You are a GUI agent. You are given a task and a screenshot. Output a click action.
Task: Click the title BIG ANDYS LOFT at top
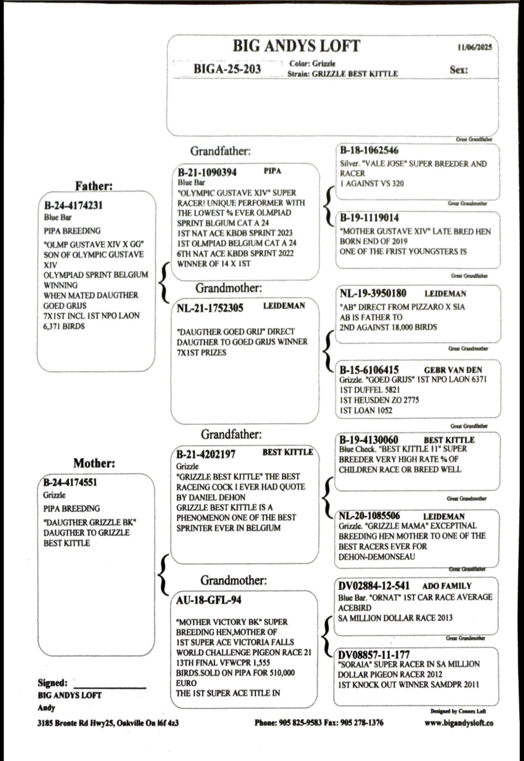tap(296, 46)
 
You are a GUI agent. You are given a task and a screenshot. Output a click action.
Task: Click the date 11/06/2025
tap(474, 47)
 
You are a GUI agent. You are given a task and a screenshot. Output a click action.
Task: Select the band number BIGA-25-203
tap(227, 69)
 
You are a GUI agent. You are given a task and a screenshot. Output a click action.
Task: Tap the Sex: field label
tap(459, 70)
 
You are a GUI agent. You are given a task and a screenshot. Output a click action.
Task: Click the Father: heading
tap(94, 186)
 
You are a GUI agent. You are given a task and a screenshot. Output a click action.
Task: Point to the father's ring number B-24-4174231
tap(73, 205)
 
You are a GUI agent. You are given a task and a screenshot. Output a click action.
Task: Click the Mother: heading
tap(94, 463)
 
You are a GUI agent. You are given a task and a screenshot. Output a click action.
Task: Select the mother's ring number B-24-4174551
tap(70, 483)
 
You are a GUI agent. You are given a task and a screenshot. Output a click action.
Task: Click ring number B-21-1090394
tap(207, 172)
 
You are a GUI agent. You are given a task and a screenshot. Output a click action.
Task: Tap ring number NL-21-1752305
tap(210, 308)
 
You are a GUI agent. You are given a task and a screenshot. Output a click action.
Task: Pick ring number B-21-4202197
tap(206, 454)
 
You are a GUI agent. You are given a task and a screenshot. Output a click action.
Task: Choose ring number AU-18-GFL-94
tap(208, 600)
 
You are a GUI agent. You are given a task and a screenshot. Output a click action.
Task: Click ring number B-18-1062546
tap(369, 150)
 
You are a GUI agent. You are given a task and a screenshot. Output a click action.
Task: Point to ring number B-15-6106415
tap(369, 370)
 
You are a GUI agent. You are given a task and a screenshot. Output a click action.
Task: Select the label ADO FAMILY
tap(447, 586)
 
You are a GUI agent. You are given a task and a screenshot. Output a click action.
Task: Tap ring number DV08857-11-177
tap(374, 655)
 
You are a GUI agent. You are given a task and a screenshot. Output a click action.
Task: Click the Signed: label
tap(53, 683)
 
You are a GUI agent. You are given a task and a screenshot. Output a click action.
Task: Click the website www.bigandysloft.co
tap(459, 723)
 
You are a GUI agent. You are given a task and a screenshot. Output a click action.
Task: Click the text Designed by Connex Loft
tap(458, 711)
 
